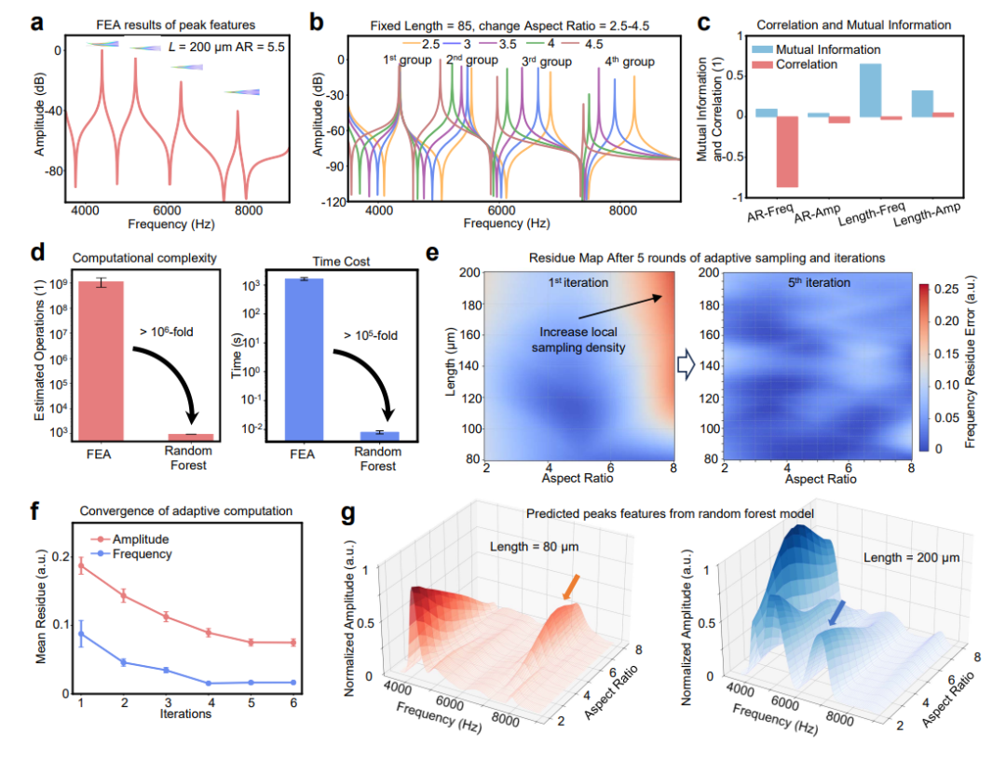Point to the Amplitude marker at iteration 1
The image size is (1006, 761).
click(x=80, y=564)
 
